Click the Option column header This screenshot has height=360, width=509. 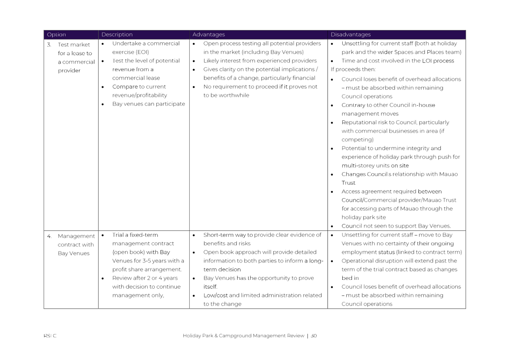pos(56,35)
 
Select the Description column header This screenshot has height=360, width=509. pos(117,35)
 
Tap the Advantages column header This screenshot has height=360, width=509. pos(209,35)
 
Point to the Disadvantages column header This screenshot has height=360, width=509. pos(350,35)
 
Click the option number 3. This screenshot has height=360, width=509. pos(49,44)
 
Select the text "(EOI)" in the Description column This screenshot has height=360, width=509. pos(142,52)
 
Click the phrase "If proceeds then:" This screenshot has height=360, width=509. pos(353,69)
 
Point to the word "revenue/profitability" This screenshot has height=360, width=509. pos(140,95)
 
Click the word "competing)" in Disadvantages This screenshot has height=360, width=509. pos(358,140)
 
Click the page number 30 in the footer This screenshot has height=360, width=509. pos(314,336)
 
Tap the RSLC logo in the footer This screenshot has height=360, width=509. pos(50,336)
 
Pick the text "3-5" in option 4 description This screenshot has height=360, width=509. pos(147,261)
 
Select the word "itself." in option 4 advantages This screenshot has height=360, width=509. pos(210,287)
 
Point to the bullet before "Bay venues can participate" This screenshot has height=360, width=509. pos(103,104)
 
